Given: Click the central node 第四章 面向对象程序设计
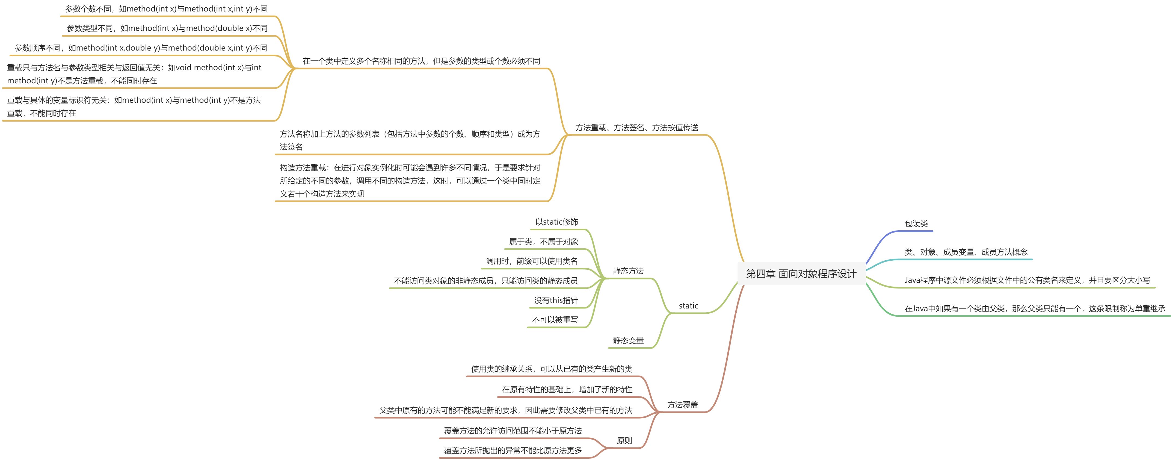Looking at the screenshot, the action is (801, 273).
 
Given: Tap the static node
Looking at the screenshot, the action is (688, 306).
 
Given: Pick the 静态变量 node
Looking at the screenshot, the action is (628, 340).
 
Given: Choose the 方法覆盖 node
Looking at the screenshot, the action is (682, 405).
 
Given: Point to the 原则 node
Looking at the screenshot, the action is (624, 441).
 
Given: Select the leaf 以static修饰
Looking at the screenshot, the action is (556, 222).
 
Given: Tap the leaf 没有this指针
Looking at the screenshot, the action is (556, 300).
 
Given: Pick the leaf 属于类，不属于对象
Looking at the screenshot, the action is (543, 242).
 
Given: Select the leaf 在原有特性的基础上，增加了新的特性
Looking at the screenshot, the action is (567, 389).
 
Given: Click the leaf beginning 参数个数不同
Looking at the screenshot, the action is (166, 9).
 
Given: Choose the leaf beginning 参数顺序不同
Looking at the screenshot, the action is (141, 48).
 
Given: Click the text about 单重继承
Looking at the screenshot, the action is (1035, 308).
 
